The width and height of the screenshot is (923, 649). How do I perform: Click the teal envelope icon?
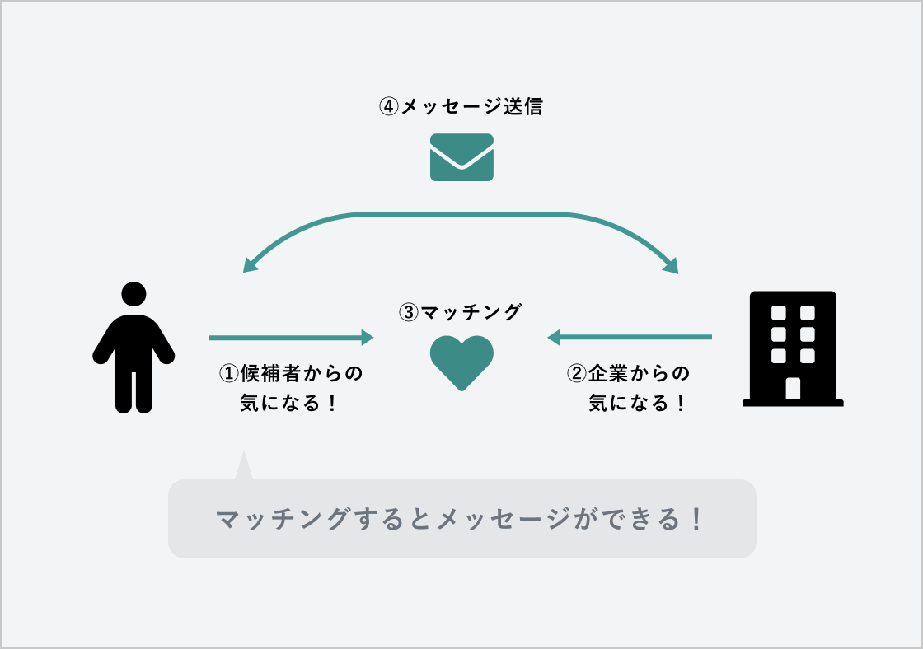461,156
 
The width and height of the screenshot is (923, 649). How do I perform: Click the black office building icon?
793,349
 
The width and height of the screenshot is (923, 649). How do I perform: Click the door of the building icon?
793,388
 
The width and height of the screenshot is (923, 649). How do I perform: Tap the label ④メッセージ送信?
461,107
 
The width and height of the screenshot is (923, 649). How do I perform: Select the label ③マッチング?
461,312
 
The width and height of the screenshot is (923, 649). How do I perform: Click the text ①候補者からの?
291,373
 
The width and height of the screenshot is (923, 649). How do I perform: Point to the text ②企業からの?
629,373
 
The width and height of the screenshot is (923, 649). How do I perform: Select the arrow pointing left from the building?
630,337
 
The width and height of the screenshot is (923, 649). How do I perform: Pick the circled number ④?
388,107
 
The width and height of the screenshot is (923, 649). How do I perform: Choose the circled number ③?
409,313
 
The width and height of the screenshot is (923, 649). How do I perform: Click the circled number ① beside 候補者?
228,373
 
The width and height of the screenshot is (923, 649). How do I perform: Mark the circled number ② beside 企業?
577,373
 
